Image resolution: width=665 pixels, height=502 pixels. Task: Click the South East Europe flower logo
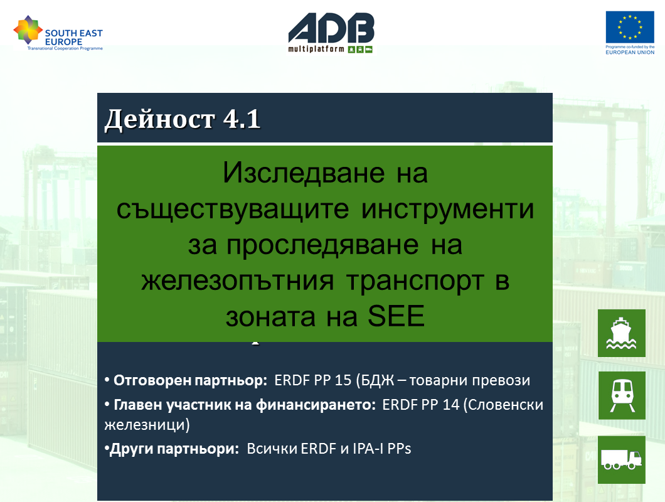pyautogui.click(x=28, y=29)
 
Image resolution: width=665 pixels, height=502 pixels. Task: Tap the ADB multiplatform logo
pyautogui.click(x=331, y=33)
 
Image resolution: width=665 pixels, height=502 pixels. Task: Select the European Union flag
pyautogui.click(x=630, y=27)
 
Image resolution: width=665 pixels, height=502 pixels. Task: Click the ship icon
pyautogui.click(x=621, y=333)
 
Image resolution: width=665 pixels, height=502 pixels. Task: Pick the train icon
pyautogui.click(x=622, y=395)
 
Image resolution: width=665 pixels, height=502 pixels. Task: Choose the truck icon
pyautogui.click(x=621, y=459)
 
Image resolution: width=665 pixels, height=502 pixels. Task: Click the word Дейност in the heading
pyautogui.click(x=159, y=119)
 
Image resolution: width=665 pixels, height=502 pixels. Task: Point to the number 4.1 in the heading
pyautogui.click(x=242, y=119)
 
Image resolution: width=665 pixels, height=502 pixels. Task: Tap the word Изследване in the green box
pyautogui.click(x=304, y=173)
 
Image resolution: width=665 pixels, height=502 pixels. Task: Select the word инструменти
pyautogui.click(x=447, y=210)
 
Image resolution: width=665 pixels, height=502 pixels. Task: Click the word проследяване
pyautogui.click(x=322, y=245)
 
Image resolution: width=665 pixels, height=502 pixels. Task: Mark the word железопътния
pyautogui.click(x=238, y=281)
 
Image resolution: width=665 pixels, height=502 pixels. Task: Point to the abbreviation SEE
pyautogui.click(x=396, y=316)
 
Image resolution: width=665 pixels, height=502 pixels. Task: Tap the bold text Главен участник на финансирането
pyautogui.click(x=245, y=405)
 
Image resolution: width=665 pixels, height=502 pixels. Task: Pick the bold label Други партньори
pyautogui.click(x=174, y=449)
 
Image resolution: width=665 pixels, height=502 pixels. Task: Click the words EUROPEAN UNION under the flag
pyautogui.click(x=630, y=52)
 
